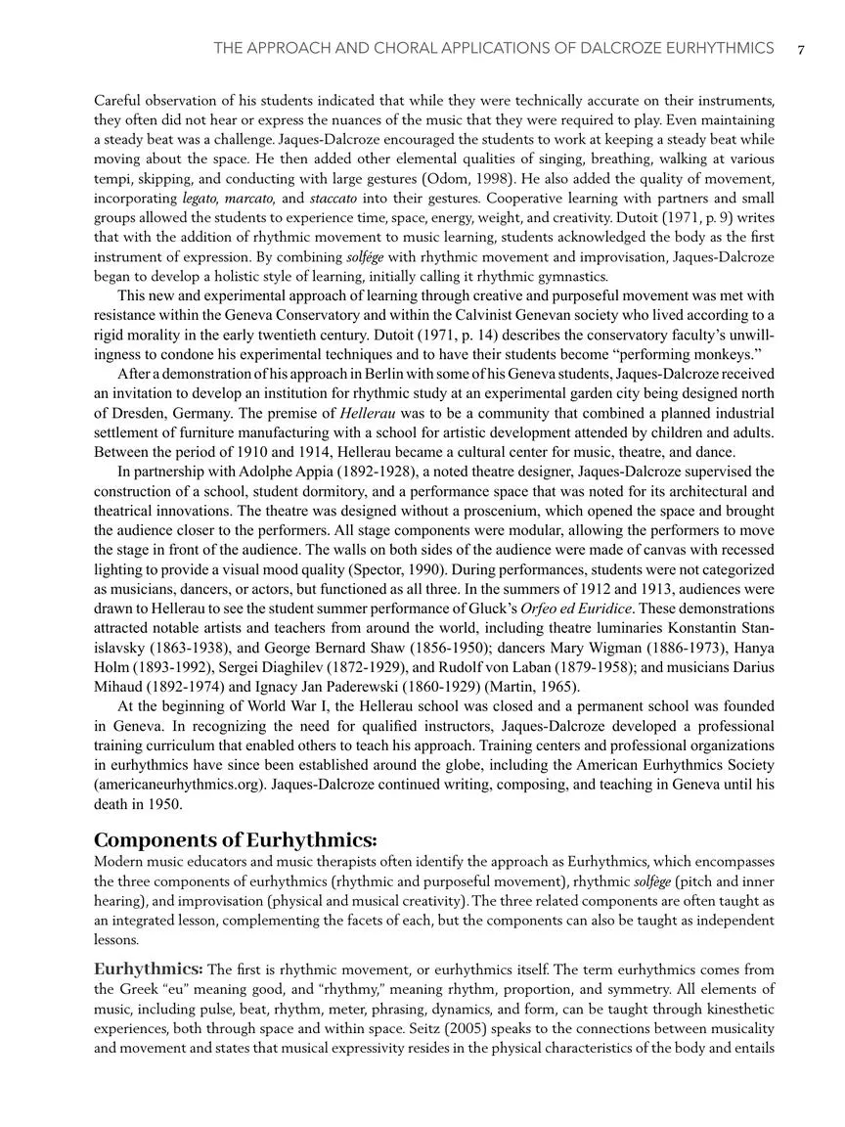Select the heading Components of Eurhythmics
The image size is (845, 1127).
235,840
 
